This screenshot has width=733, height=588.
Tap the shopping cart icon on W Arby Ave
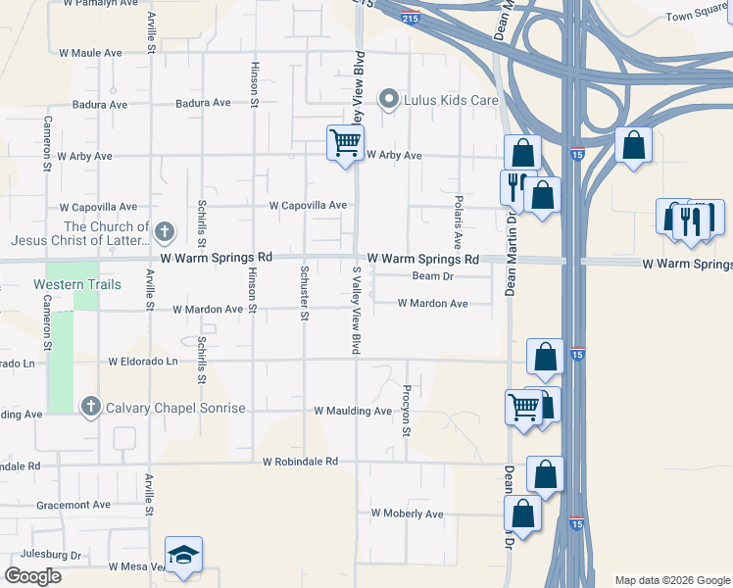pos(345,143)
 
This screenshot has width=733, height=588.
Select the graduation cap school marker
pos(184,556)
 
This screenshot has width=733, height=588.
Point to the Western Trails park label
pos(77,284)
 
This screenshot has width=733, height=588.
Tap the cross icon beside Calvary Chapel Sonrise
pos(91,406)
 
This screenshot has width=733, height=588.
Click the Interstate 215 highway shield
pos(412,18)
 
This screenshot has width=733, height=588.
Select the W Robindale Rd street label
pos(300,461)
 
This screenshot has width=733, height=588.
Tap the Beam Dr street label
pos(432,276)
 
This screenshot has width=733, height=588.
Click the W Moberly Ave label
pos(407,514)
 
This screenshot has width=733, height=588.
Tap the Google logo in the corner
pos(32,576)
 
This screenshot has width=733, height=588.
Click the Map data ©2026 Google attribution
pos(671,580)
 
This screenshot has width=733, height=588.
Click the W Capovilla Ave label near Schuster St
pos(309,205)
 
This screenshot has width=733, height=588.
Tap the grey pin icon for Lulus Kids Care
pos(389,98)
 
